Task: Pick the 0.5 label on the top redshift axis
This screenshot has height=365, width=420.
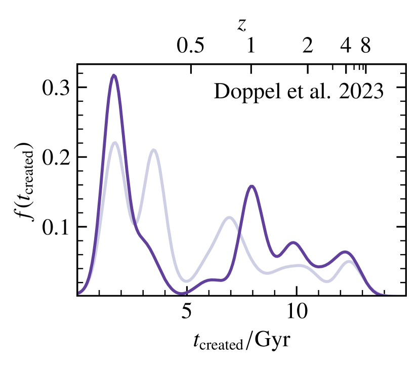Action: (x=191, y=47)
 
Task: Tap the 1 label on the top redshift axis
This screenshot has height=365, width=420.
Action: (x=250, y=47)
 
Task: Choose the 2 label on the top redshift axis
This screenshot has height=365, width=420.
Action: (x=307, y=47)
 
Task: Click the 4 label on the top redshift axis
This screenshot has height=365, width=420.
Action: (x=346, y=47)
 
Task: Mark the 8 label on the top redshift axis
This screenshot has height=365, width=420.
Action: (x=365, y=47)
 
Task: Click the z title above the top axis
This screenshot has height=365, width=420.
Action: (x=242, y=24)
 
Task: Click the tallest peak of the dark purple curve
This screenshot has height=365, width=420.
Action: (x=114, y=75)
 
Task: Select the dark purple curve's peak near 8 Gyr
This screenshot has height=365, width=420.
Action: (x=251, y=186)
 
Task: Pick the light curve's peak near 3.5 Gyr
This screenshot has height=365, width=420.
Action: (x=153, y=150)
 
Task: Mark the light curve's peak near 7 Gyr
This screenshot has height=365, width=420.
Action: (x=229, y=217)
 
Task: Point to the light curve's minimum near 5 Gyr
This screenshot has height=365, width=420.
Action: (x=187, y=280)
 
